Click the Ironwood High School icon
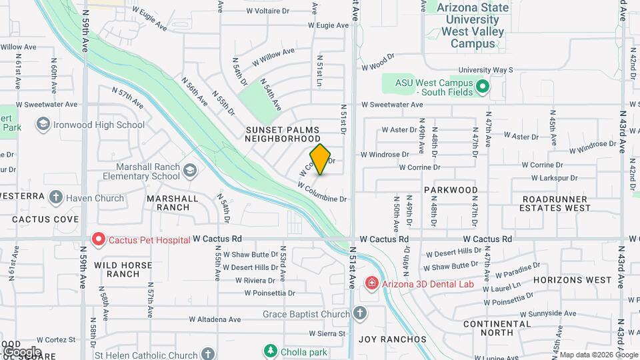tap(43, 125)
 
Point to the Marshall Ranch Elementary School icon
tap(189, 171)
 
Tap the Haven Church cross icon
tap(55, 197)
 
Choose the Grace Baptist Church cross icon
tap(360, 313)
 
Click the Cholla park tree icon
tap(269, 350)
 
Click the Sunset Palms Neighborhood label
tap(283, 134)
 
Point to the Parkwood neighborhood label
tap(451, 190)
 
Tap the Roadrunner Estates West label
tap(555, 203)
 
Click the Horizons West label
tap(572, 280)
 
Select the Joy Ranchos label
tap(392, 339)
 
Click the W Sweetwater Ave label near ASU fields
tap(392, 105)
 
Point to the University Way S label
tap(485, 69)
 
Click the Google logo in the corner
tap(22, 351)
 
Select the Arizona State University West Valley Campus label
tap(473, 26)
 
